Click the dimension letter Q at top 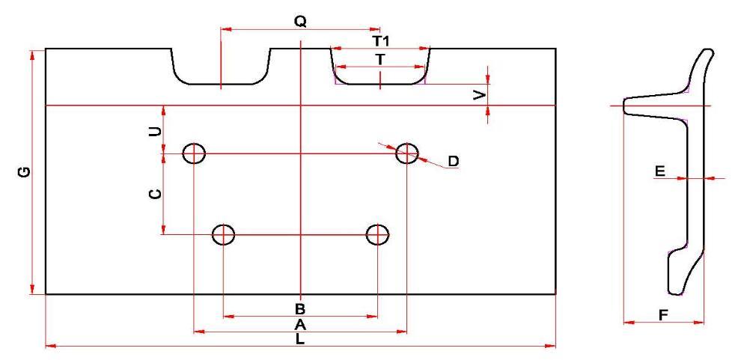click(300, 22)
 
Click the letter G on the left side click(25, 172)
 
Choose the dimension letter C click(154, 194)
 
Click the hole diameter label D click(453, 162)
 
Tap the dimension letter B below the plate click(299, 308)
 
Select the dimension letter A click(300, 324)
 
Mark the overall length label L click(300, 339)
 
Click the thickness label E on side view click(659, 172)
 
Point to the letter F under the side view click(663, 315)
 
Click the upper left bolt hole click(194, 153)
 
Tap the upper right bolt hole click(407, 153)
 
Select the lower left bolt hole click(224, 234)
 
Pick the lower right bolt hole click(377, 234)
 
